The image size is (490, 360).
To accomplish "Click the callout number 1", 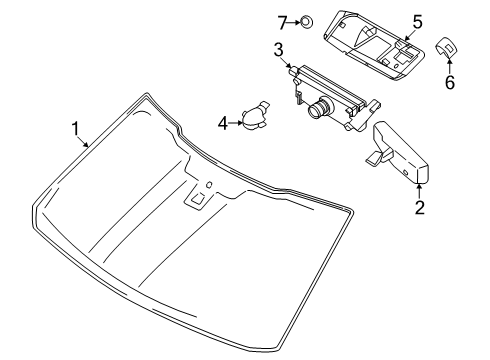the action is [76, 129].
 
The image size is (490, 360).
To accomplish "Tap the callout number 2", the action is [420, 207].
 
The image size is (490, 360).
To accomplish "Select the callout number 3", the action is [279, 50].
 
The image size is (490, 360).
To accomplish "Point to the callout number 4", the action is [223, 123].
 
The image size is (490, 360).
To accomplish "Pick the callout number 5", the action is [417, 22].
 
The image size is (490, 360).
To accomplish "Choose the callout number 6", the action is [450, 82].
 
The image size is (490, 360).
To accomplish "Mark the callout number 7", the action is [283, 23].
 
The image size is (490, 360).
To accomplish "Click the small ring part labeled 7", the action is [306, 22].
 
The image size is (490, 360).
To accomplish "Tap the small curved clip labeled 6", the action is [446, 47].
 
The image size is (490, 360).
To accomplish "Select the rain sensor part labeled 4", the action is [254, 115].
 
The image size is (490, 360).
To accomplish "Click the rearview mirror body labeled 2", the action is [401, 152].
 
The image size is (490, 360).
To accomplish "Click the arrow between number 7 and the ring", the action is [294, 22].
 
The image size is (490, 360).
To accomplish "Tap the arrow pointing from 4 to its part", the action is [236, 123].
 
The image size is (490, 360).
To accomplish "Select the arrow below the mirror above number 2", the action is [419, 192].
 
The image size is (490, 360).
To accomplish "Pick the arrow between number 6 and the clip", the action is [449, 65].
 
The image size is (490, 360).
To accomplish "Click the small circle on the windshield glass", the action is [209, 185].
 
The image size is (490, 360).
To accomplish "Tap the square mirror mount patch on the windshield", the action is [198, 199].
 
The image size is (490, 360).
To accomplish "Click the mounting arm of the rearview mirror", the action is [379, 157].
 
